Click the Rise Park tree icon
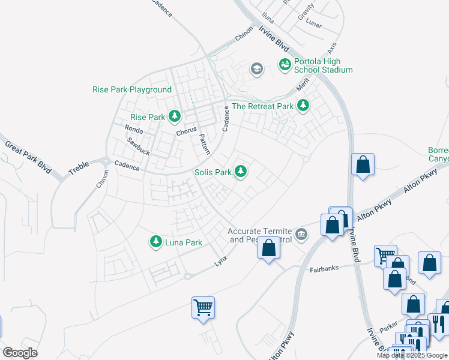175,116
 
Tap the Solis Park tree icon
241,172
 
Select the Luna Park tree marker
156,242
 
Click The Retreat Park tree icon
303,106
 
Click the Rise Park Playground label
132,90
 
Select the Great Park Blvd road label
28,158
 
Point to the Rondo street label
133,129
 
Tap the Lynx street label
221,263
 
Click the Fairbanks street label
325,270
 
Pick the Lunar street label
313,26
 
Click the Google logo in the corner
20,352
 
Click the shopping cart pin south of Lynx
203,308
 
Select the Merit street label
304,87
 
